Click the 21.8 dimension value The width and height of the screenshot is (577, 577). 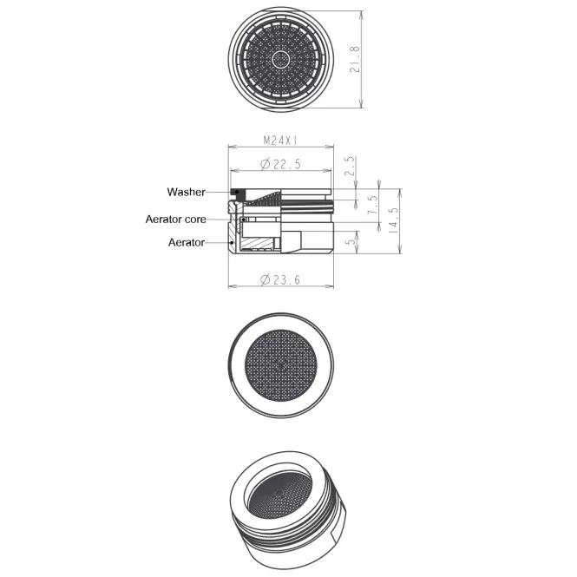click(355, 59)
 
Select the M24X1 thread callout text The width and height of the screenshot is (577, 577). click(280, 141)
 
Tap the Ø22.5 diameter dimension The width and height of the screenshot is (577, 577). click(280, 164)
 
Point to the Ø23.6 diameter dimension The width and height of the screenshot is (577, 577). click(280, 280)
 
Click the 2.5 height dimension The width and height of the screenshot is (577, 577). click(351, 166)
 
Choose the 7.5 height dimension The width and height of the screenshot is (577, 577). click(373, 205)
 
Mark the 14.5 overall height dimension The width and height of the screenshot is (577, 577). click(393, 220)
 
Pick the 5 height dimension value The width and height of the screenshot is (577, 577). click(351, 240)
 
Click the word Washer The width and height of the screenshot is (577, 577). click(186, 192)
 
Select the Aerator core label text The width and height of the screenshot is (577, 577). click(175, 220)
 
